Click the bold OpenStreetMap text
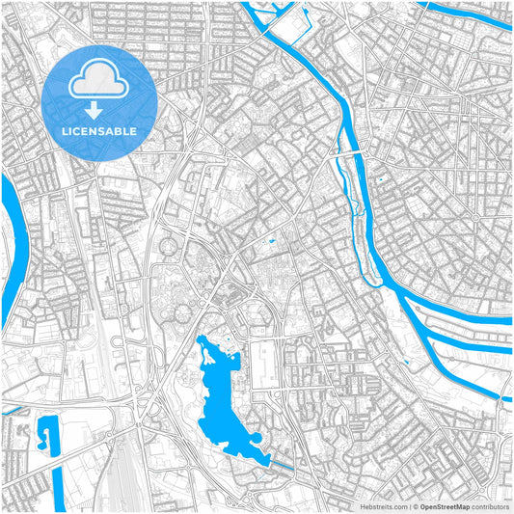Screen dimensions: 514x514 [443, 505]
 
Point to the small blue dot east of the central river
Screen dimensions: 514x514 [382, 179]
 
